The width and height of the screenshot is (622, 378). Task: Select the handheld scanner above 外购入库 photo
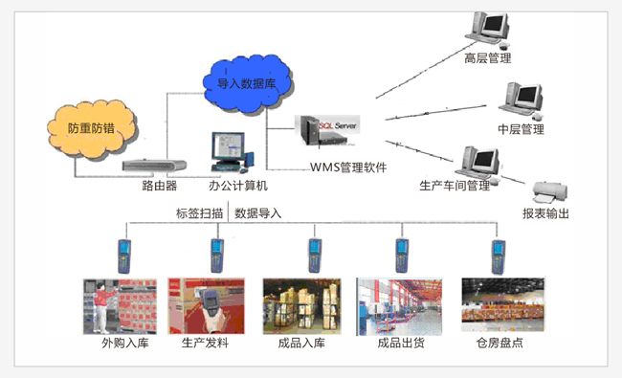[x=124, y=255]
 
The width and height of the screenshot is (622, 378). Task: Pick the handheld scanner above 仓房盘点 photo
[x=497, y=255]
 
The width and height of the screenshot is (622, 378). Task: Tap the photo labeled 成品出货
[x=399, y=305]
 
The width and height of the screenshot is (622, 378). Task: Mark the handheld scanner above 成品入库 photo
[x=312, y=255]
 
